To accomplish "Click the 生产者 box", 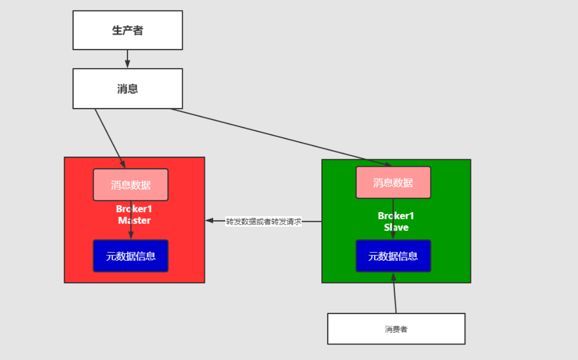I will click(128, 30).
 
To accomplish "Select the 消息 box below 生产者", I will click(128, 89).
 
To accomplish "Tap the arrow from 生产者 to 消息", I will click(128, 58).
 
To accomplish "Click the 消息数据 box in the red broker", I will click(131, 185).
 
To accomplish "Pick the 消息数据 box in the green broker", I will click(393, 182).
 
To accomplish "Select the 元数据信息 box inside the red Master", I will click(131, 256).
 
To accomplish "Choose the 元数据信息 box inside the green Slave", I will click(393, 256).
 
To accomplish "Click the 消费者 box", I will click(396, 329).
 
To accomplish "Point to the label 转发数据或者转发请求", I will click(263, 221).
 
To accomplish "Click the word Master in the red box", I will click(134, 220).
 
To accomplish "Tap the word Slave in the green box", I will click(396, 227).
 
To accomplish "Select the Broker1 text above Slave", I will click(396, 216).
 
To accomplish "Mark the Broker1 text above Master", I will click(134, 209).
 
